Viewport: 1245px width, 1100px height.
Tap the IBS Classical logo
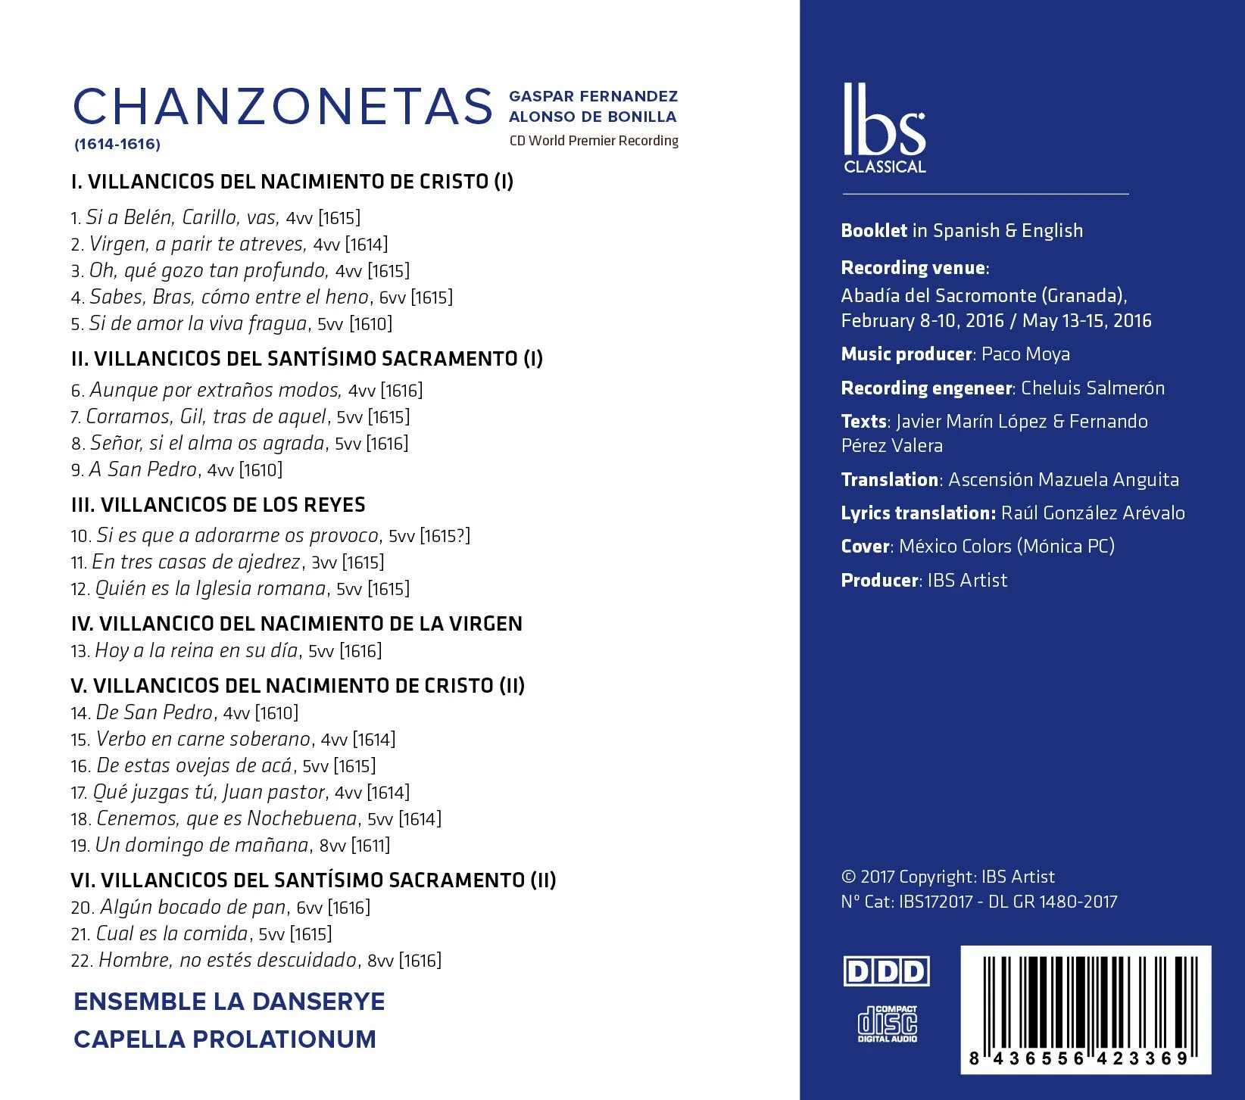(x=884, y=129)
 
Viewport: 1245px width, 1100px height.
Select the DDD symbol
(x=886, y=971)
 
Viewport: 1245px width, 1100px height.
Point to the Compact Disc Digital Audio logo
(x=887, y=1024)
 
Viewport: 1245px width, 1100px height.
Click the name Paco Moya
(x=1025, y=354)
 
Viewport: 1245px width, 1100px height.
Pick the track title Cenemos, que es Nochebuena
(x=226, y=818)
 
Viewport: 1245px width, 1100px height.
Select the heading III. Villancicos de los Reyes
(x=218, y=505)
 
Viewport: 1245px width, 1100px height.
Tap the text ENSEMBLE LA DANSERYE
(x=229, y=1002)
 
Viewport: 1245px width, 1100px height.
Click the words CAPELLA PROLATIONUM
(x=225, y=1039)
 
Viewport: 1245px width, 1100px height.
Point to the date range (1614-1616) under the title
(x=117, y=144)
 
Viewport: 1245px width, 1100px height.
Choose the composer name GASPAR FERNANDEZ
(x=593, y=96)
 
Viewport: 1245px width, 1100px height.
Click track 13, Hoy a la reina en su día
(x=198, y=650)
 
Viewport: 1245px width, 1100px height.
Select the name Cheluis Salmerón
(x=1093, y=388)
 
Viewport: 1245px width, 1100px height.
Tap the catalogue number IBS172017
(x=935, y=902)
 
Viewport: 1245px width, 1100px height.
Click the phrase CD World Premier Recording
(x=594, y=141)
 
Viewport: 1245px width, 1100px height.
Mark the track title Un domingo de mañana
(x=202, y=845)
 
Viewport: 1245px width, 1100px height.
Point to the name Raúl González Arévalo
(x=1093, y=513)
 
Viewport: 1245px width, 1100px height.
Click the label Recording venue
(x=913, y=268)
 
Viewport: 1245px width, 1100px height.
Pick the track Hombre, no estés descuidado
(x=227, y=960)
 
